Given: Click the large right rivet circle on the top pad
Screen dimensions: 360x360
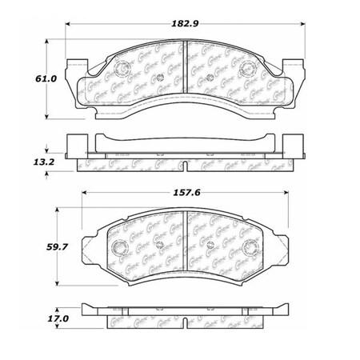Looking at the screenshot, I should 256,66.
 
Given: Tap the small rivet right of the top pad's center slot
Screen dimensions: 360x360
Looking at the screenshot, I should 210,78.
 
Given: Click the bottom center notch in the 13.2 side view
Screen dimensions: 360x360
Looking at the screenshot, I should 185,167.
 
